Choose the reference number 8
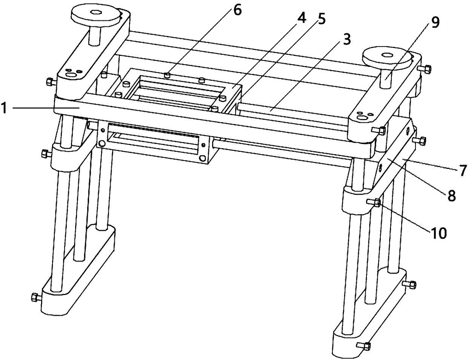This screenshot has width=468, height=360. [451, 195]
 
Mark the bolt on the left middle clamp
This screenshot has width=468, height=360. [45, 153]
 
